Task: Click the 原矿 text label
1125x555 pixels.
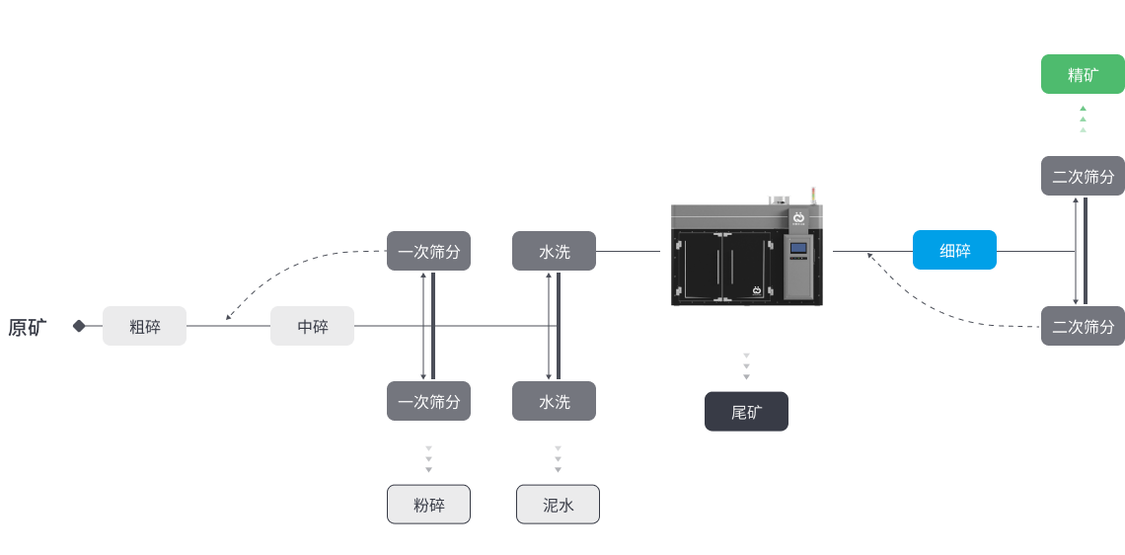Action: tap(28, 328)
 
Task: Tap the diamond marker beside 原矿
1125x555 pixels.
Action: tap(79, 326)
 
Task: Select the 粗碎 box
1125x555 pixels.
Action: tap(144, 326)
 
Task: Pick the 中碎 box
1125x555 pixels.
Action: tap(312, 326)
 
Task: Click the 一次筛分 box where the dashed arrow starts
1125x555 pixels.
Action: tap(428, 251)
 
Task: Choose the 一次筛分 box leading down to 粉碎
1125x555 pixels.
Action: tap(428, 401)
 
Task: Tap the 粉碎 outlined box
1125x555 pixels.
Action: tap(428, 504)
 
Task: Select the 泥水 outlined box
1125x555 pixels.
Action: tap(558, 504)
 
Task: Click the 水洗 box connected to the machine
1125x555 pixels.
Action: tap(554, 251)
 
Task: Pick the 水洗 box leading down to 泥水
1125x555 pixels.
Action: tap(554, 401)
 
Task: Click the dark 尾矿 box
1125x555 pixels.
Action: tap(746, 412)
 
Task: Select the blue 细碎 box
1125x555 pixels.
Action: tap(954, 250)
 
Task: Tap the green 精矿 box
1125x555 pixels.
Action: tap(1083, 74)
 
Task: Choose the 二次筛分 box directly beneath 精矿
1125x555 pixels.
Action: tap(1083, 176)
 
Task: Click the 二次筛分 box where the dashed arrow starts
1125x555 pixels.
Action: tap(1083, 326)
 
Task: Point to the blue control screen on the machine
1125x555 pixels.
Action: tap(798, 248)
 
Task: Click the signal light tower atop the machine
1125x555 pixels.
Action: tap(813, 196)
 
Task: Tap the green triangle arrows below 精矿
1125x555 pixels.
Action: tap(1083, 119)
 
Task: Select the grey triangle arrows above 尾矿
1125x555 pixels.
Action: tap(746, 366)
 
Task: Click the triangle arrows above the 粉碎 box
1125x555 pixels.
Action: tap(428, 459)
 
